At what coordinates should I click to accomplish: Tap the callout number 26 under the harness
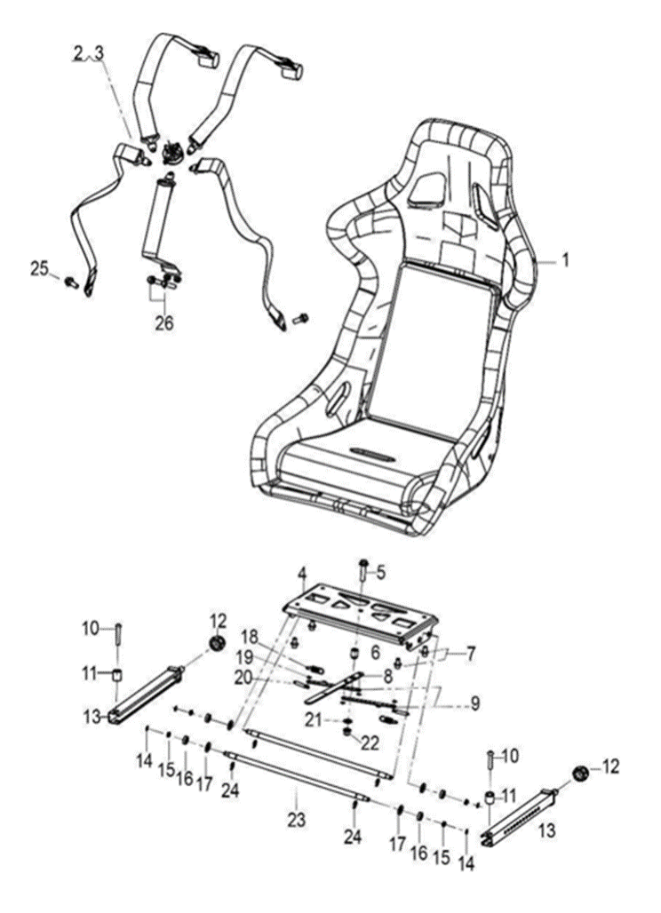pyautogui.click(x=164, y=322)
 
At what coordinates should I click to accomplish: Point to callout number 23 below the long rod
pyautogui.click(x=296, y=818)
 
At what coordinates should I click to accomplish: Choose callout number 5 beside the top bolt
pyautogui.click(x=380, y=573)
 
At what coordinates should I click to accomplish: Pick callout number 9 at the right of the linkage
pyautogui.click(x=474, y=704)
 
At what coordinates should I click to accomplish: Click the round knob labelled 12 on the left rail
pyautogui.click(x=214, y=642)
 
